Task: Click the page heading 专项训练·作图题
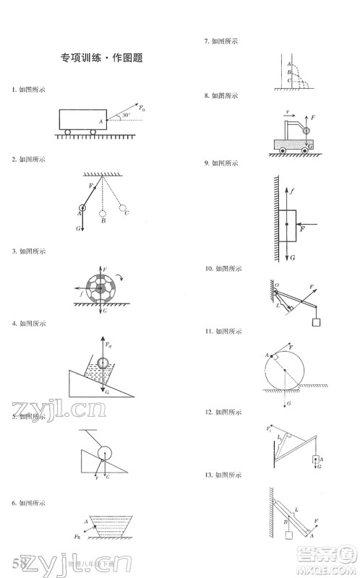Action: coord(100,58)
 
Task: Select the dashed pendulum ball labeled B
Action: coord(103,213)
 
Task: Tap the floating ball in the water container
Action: coord(104,363)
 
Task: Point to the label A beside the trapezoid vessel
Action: coord(86,521)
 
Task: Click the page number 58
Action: coord(20,562)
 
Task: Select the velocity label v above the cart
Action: coord(288,112)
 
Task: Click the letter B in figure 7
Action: coord(288,72)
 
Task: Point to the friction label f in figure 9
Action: coord(292,191)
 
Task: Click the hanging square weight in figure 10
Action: coord(317,322)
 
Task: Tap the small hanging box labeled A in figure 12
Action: coord(314,459)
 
